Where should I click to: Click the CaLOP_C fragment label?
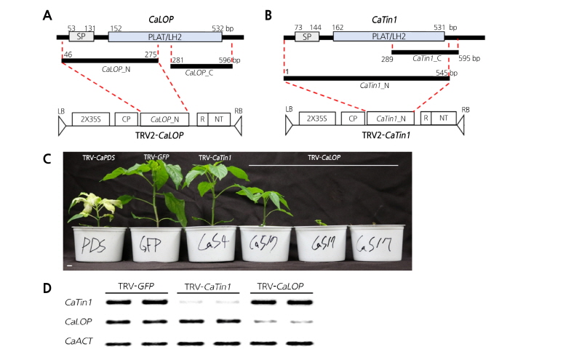click(201, 73)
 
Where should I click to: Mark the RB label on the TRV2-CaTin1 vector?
click(466, 109)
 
